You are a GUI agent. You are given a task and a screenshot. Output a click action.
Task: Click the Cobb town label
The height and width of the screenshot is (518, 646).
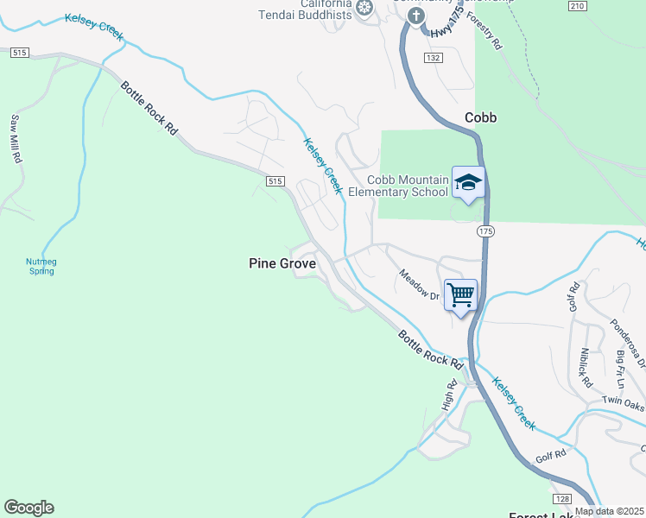(x=480, y=117)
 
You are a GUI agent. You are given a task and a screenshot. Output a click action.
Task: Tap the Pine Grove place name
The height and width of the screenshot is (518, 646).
(x=282, y=263)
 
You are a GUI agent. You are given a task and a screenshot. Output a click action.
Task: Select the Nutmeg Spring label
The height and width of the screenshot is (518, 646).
(x=41, y=266)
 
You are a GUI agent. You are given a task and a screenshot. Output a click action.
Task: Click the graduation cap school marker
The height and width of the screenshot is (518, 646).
(x=468, y=182)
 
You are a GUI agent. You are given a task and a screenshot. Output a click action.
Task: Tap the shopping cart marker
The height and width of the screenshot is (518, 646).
(x=460, y=295)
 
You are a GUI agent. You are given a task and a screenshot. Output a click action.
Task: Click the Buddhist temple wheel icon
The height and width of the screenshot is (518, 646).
(x=364, y=8)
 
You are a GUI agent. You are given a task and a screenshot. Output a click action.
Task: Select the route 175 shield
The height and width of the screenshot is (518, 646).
(x=485, y=231)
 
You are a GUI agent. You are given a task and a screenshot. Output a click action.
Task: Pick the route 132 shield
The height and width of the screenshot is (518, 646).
(x=434, y=57)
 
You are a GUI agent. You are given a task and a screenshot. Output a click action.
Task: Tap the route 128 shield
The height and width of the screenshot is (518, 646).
(x=561, y=499)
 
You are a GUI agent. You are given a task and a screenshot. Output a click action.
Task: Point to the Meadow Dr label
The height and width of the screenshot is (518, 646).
(x=420, y=284)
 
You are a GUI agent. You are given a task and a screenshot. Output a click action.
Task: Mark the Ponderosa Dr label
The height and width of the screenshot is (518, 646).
(x=628, y=343)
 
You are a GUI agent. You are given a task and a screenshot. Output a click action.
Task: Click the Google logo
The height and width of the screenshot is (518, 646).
(x=28, y=508)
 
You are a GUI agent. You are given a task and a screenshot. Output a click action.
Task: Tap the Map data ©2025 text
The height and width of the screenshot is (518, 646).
(x=609, y=511)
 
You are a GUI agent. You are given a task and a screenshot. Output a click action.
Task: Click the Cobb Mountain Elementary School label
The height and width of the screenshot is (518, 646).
(x=408, y=185)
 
